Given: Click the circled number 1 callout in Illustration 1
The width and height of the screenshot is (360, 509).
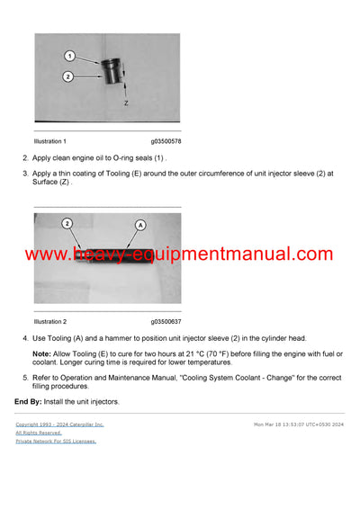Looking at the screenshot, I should click(68, 57).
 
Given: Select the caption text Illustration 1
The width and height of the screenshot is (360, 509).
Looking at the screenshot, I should click(49, 141).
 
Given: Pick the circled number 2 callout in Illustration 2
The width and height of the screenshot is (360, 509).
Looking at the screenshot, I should click(67, 222).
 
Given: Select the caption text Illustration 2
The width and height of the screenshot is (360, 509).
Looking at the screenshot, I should click(49, 321).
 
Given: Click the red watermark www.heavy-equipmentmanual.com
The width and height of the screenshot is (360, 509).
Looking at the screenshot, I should click(179, 254).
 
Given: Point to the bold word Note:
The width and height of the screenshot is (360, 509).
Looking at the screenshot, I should click(41, 354).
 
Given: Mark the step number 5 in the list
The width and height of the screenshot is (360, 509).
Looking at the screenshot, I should click(25, 379).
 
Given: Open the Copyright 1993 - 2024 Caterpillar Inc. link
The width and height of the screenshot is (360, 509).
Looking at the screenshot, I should click(59, 424).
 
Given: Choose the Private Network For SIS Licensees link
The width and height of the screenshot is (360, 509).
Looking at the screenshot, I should click(56, 441).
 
